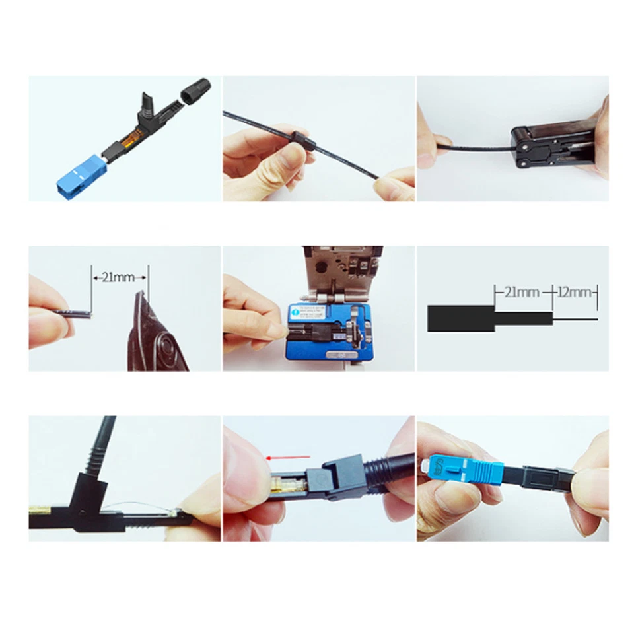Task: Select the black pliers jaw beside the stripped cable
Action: click(153, 330)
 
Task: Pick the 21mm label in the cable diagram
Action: click(522, 292)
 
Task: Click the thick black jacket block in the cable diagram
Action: click(460, 318)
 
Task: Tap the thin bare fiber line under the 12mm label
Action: click(575, 320)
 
